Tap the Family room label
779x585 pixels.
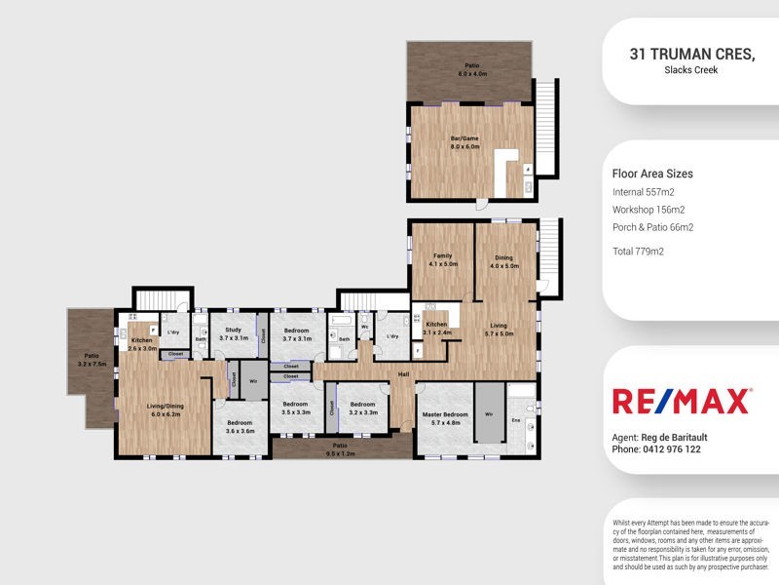coord(443,259)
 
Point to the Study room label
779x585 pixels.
coord(233,333)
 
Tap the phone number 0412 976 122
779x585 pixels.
coord(671,449)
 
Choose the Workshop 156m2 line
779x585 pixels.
coord(649,210)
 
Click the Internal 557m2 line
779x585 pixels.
coord(644,192)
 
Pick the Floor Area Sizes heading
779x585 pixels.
coord(652,174)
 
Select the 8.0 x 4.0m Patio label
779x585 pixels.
coord(472,69)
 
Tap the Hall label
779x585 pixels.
coord(404,373)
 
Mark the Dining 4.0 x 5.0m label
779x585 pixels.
coord(503,260)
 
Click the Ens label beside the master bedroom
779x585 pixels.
coord(516,420)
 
